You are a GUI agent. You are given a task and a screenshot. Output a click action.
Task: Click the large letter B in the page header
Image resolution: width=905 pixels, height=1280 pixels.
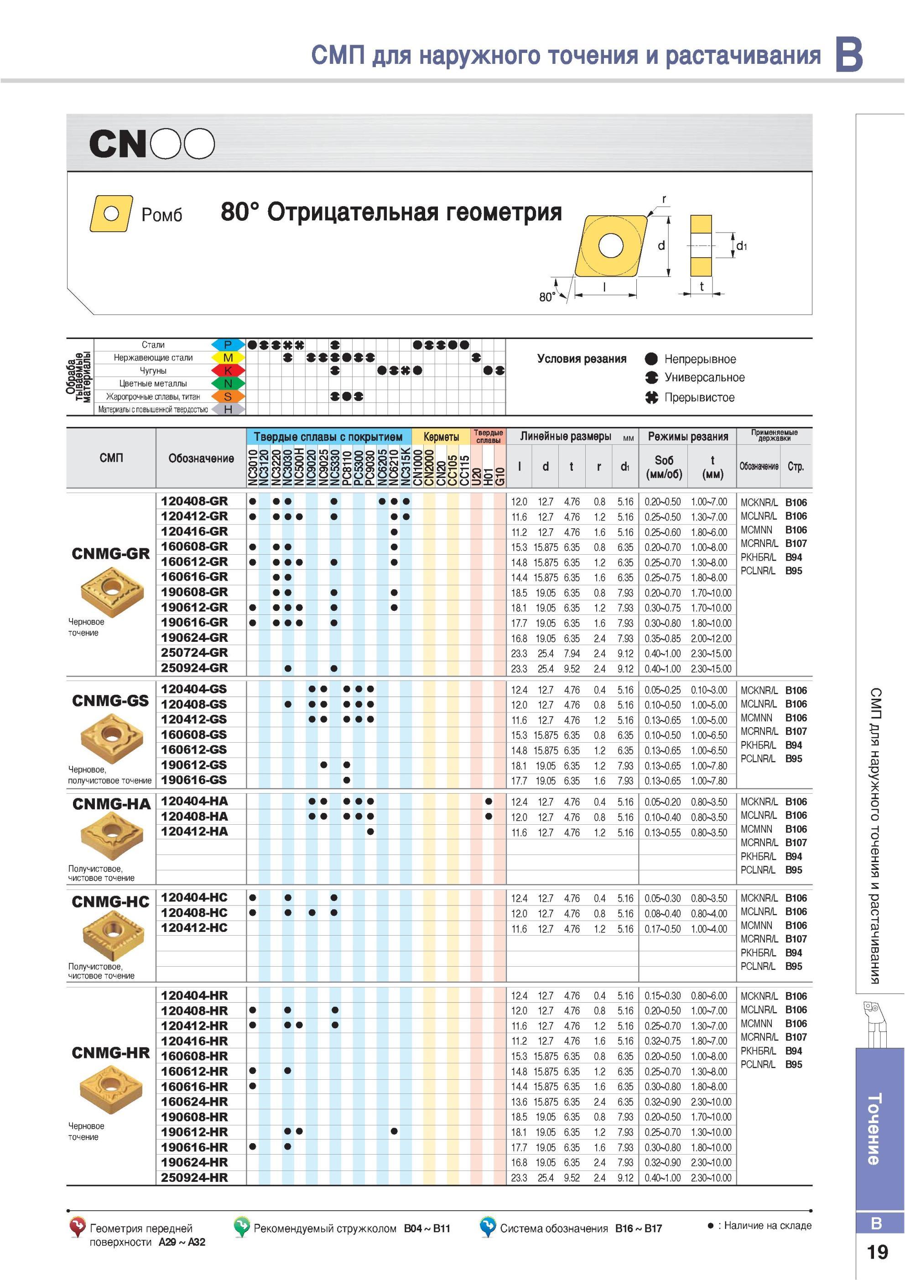849,55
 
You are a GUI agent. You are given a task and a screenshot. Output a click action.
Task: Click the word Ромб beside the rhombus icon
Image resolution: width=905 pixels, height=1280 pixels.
162,214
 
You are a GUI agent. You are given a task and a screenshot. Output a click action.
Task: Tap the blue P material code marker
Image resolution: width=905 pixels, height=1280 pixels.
228,344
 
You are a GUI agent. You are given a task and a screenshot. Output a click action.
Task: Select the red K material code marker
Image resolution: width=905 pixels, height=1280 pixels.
228,370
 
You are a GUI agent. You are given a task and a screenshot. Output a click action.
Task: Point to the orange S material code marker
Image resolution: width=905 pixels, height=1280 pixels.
228,396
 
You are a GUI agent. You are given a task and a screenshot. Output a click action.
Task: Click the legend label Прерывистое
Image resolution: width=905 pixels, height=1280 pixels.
699,397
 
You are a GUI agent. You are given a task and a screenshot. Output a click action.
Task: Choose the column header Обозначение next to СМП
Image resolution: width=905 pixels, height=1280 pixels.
201,458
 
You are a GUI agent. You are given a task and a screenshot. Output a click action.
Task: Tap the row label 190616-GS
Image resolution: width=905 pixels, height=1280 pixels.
194,780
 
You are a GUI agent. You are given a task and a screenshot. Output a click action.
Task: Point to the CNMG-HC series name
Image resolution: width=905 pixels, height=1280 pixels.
110,901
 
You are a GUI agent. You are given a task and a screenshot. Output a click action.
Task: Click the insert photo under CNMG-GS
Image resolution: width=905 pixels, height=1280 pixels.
111,738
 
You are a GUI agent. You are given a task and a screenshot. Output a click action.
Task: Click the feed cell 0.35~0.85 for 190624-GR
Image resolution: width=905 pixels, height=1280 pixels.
662,638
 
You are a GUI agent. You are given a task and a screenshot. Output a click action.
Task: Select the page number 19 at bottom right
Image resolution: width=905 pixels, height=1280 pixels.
878,1252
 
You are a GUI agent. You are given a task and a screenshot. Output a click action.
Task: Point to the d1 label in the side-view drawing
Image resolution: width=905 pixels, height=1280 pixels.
742,246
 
